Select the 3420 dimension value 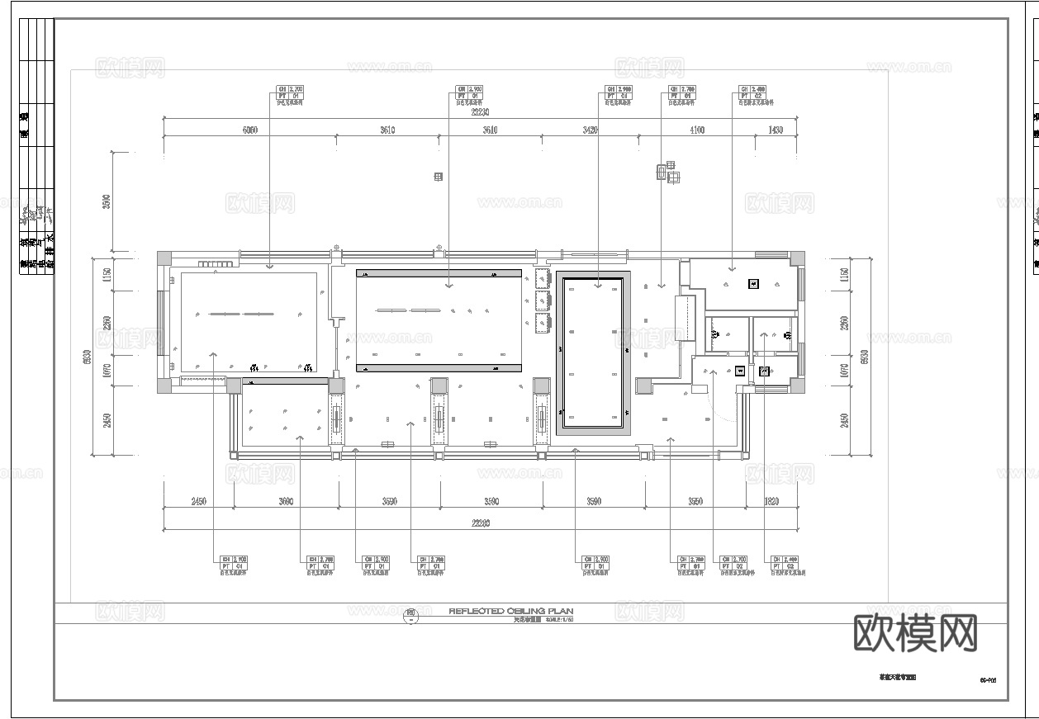[x=590, y=130]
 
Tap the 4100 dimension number [x=696, y=130]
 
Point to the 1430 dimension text [x=776, y=130]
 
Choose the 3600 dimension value [x=287, y=502]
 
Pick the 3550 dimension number [x=695, y=502]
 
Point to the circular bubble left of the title [x=410, y=614]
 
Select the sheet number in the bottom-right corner [x=988, y=680]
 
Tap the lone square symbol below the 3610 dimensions [x=438, y=177]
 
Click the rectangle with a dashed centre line [x=686, y=317]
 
